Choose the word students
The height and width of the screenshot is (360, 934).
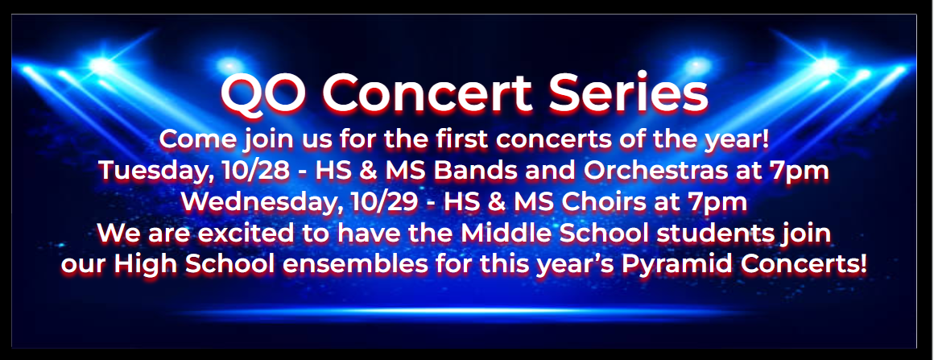coord(712,234)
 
